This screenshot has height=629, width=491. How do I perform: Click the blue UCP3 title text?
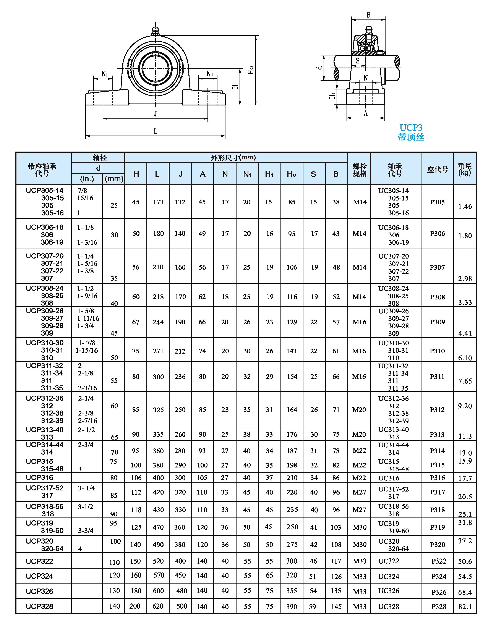411,128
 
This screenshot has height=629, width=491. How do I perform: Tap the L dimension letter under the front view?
155,131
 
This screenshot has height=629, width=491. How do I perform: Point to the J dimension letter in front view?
155,113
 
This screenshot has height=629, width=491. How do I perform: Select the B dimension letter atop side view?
368,15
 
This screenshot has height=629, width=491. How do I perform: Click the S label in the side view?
358,61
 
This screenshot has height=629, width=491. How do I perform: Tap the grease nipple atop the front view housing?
155,31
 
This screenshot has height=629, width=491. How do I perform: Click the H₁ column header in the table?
269,174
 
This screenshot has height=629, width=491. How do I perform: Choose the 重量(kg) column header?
465,169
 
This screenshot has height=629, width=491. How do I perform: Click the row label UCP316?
39,477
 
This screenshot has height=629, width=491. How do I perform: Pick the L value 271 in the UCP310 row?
158,351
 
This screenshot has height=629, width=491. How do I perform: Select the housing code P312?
437,409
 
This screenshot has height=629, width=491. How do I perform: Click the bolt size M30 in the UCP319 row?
360,527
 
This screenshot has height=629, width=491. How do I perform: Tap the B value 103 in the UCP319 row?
336,527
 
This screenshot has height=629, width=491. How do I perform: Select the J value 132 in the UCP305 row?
180,202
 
